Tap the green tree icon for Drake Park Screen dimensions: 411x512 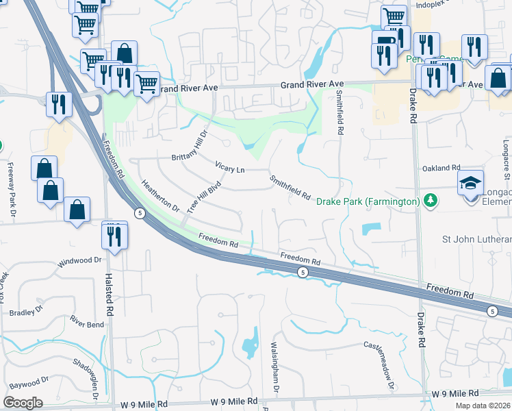tap(431, 201)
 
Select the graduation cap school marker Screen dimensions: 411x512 tap(470, 183)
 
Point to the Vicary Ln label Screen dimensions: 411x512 tap(229, 168)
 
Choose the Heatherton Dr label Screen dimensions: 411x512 tap(159, 196)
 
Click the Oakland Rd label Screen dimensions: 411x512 tap(441, 168)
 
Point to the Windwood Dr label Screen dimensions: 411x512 tap(79, 261)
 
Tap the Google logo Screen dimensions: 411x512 tap(23, 403)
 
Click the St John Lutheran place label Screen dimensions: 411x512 tap(476, 239)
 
